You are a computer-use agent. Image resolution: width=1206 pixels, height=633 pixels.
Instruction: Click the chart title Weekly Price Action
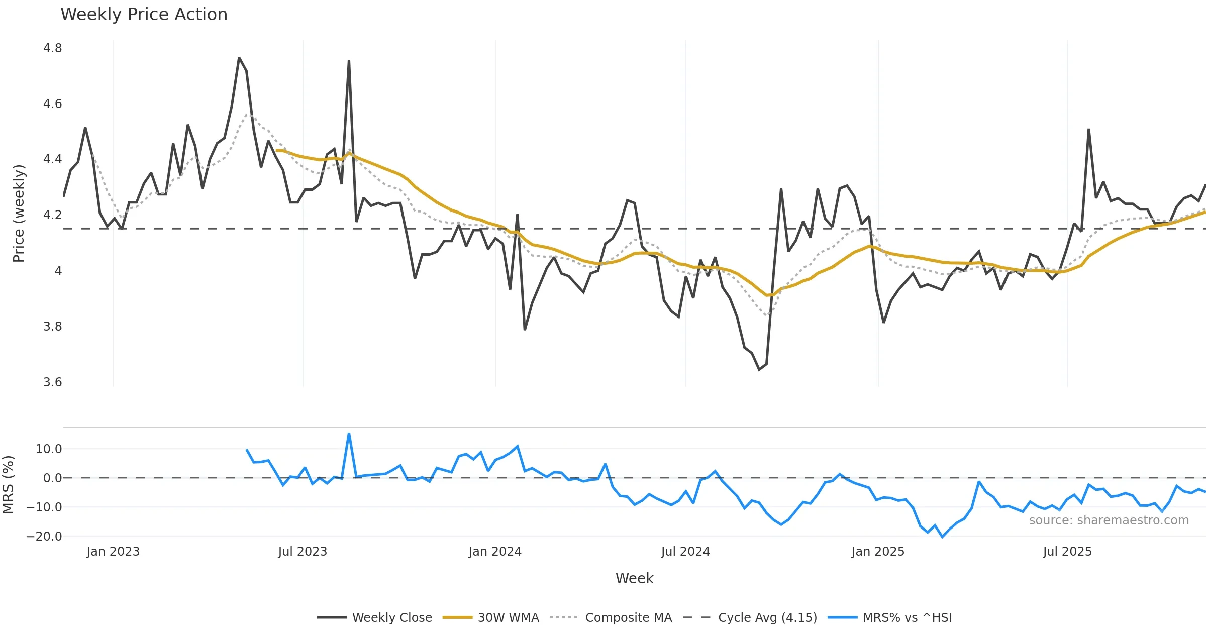[x=144, y=15]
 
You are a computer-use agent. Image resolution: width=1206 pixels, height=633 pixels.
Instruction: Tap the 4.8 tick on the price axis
[x=53, y=48]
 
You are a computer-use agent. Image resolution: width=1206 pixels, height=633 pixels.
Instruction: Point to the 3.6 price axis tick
[x=53, y=382]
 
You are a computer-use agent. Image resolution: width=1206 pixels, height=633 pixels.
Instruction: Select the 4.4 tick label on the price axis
[x=53, y=159]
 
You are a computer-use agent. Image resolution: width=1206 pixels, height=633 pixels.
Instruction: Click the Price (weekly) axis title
[x=19, y=214]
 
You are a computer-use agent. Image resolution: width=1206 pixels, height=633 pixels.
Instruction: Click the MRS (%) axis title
[x=8, y=484]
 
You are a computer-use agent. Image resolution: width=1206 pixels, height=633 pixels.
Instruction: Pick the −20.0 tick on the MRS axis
[x=44, y=537]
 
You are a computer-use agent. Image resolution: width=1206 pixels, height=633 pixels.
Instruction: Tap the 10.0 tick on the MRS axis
[x=49, y=449]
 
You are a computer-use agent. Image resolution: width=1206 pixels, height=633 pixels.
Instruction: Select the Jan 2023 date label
[x=113, y=552]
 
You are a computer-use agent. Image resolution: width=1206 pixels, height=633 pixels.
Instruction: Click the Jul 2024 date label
[x=685, y=552]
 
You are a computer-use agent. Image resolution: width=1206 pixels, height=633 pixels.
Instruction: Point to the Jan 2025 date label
[x=878, y=552]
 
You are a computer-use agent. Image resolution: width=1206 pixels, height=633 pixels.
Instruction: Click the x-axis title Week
[x=634, y=579]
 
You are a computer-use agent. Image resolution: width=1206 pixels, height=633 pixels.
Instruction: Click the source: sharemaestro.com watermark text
[x=1109, y=520]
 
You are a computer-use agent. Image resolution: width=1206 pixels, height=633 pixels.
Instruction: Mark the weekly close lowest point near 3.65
[x=759, y=370]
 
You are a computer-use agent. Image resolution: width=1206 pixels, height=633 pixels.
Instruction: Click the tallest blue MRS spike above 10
[x=349, y=434]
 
